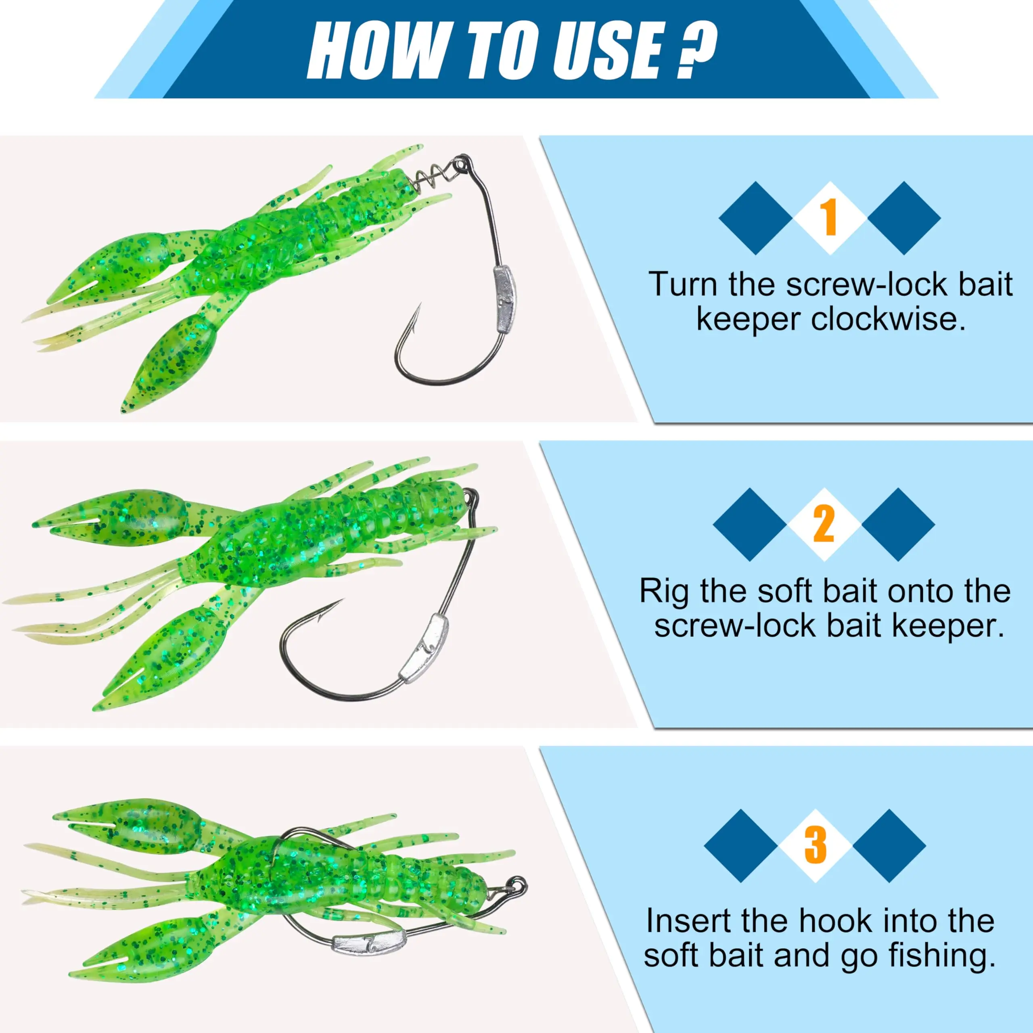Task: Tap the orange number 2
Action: click(x=824, y=524)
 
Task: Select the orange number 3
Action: click(x=816, y=845)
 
